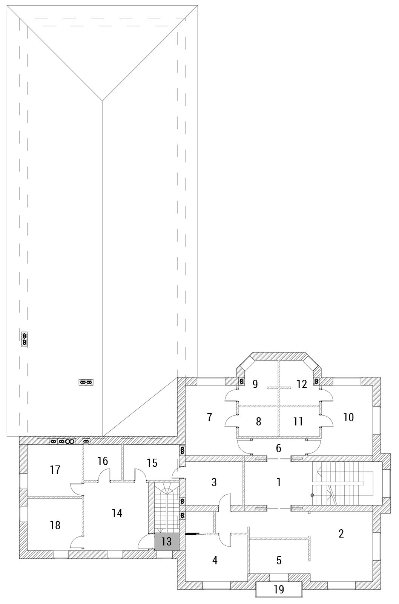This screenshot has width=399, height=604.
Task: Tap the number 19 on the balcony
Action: pyautogui.click(x=279, y=589)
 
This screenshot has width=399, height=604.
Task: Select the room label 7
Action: pyautogui.click(x=210, y=417)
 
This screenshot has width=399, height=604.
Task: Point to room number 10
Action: pyautogui.click(x=348, y=417)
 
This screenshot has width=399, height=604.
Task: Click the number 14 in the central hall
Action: pyautogui.click(x=117, y=513)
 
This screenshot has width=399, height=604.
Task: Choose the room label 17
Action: pyautogui.click(x=55, y=470)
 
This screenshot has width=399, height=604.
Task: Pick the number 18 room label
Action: pyautogui.click(x=55, y=525)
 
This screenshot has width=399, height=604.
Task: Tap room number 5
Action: pyautogui.click(x=279, y=560)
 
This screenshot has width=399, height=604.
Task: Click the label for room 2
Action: pyautogui.click(x=341, y=534)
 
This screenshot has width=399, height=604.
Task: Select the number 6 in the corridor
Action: pyautogui.click(x=279, y=448)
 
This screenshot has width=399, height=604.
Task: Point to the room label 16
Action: pyautogui.click(x=103, y=461)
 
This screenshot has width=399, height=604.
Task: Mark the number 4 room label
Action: pyautogui.click(x=215, y=561)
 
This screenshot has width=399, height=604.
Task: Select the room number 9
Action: pyautogui.click(x=255, y=384)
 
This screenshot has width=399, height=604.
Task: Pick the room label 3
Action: pyautogui.click(x=214, y=482)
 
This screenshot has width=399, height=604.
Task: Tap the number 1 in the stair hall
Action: pyautogui.click(x=279, y=482)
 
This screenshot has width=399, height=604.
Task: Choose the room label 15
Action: pyautogui.click(x=152, y=463)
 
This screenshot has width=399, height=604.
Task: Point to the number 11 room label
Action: pyautogui.click(x=298, y=421)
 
